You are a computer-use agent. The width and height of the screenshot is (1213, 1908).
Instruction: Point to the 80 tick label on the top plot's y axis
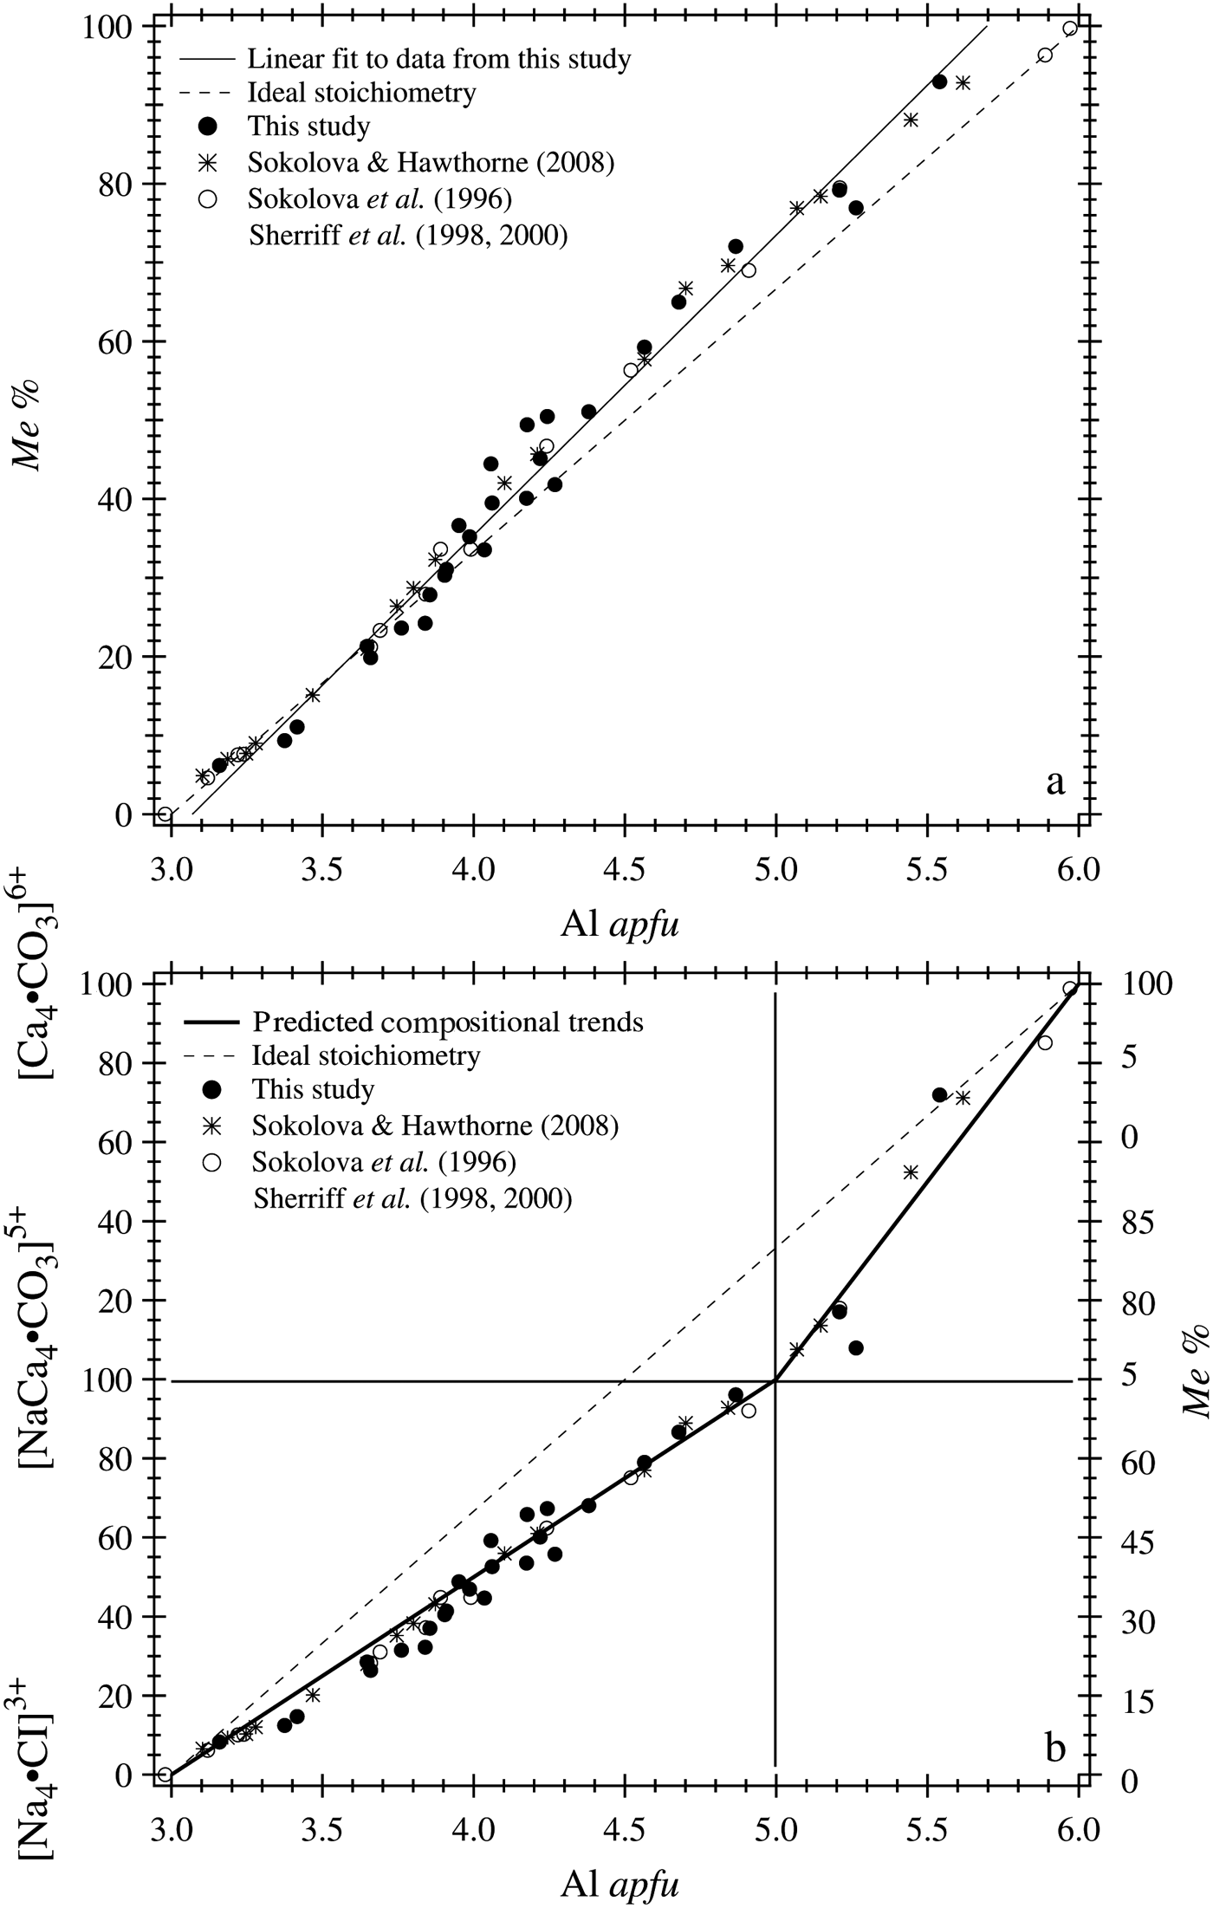point(116,185)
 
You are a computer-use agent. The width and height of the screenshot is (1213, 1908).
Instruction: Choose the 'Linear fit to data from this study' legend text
point(439,59)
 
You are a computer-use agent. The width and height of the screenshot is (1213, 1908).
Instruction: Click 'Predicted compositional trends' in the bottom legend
point(448,1022)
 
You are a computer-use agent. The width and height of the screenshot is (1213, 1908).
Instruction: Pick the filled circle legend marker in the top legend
point(207,127)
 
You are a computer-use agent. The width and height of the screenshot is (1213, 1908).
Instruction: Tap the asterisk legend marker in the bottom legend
point(208,1126)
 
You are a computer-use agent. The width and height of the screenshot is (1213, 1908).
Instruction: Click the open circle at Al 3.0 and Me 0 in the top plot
point(165,814)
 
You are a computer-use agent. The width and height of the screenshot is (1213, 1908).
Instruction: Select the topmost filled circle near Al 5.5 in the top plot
point(939,81)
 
